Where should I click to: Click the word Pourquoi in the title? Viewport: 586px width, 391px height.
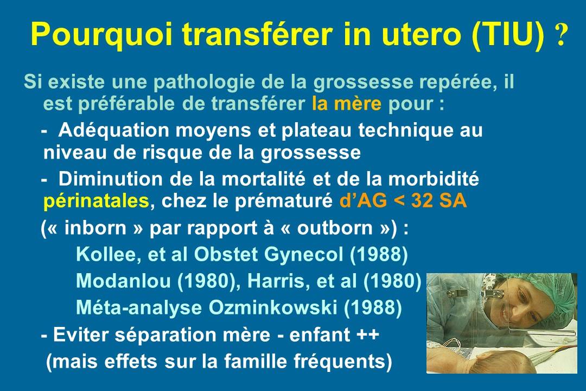(101, 34)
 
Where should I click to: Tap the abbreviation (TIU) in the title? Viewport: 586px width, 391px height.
(508, 34)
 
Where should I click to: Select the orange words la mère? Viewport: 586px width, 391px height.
(346, 104)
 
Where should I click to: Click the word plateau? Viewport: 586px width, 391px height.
(316, 130)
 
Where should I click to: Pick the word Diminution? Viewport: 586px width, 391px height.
(110, 179)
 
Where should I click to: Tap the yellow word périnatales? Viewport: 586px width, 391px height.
(97, 201)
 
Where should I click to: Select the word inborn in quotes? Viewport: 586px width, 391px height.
(95, 228)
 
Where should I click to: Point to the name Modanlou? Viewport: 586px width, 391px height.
(123, 281)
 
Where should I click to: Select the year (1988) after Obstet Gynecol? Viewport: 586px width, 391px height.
(379, 255)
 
